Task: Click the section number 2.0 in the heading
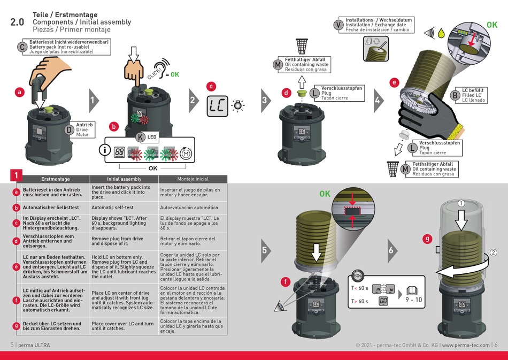[x=17, y=22]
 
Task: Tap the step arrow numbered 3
[x=265, y=100]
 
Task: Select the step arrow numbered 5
[x=265, y=250]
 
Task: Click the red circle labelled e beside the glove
[x=395, y=82]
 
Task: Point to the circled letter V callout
[x=338, y=25]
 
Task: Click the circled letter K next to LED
[x=140, y=137]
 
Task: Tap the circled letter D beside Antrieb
[x=70, y=129]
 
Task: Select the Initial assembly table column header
[x=124, y=179]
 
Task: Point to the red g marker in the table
[x=17, y=326]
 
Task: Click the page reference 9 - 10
[x=414, y=300]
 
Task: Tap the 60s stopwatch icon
[x=358, y=276]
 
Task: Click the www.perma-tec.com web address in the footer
[x=465, y=345]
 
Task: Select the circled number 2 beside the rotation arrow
[x=492, y=252]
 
